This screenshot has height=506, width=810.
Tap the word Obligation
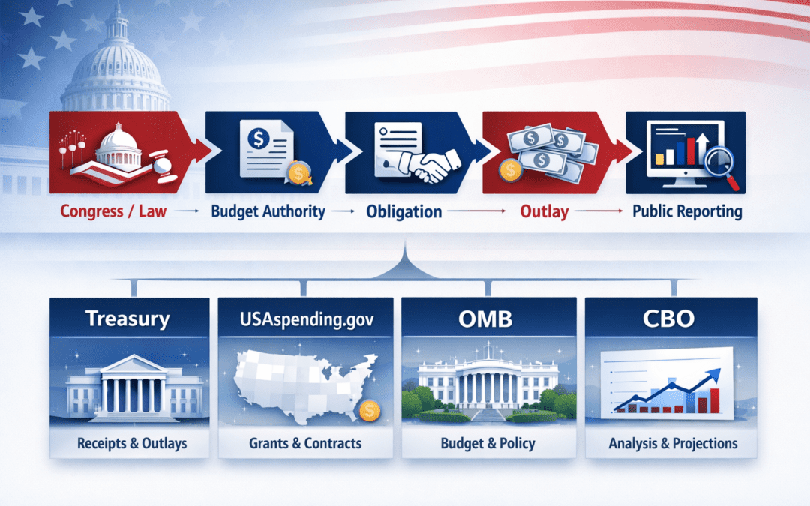pyautogui.click(x=404, y=212)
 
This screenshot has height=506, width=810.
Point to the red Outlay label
pyautogui.click(x=544, y=212)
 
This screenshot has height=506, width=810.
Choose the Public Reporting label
pyautogui.click(x=687, y=211)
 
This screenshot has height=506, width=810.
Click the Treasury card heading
pyautogui.click(x=127, y=319)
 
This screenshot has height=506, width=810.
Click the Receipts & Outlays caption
pyautogui.click(x=131, y=444)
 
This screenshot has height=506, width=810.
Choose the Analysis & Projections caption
pyautogui.click(x=672, y=444)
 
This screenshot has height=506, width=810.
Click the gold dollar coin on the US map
pyautogui.click(x=368, y=409)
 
